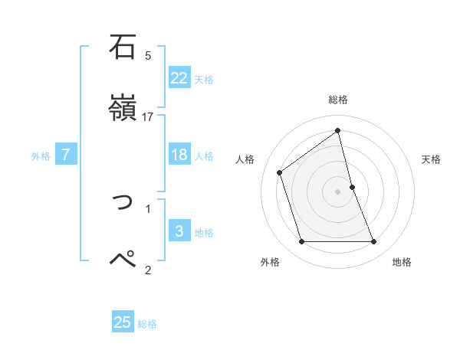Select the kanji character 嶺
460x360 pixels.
click(123, 108)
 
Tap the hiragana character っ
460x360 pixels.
click(123, 201)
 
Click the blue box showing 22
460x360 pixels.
click(179, 78)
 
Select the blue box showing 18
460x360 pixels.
click(179, 155)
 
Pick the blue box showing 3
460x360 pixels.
click(179, 231)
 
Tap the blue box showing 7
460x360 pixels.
click(66, 155)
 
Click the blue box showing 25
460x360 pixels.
click(123, 322)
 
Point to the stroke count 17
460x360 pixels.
click(148, 116)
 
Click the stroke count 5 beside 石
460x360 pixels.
click(148, 55)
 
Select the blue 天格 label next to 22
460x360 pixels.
click(204, 79)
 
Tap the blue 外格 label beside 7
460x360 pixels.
click(41, 155)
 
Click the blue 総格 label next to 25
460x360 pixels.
click(147, 323)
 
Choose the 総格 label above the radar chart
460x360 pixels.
click(338, 100)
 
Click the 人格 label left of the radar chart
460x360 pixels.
click(245, 159)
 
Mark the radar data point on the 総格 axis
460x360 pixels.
click(338, 130)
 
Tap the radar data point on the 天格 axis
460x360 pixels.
click(352, 187)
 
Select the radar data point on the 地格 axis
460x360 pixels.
click(374, 242)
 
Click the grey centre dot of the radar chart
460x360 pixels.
click(338, 191)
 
